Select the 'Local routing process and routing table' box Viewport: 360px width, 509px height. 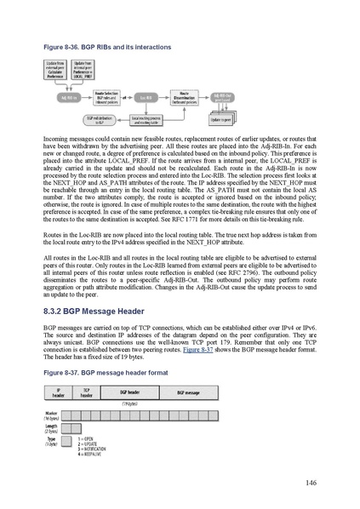pyautogui.click(x=148, y=121)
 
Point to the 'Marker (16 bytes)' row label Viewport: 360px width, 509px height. pyautogui.click(x=50, y=417)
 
